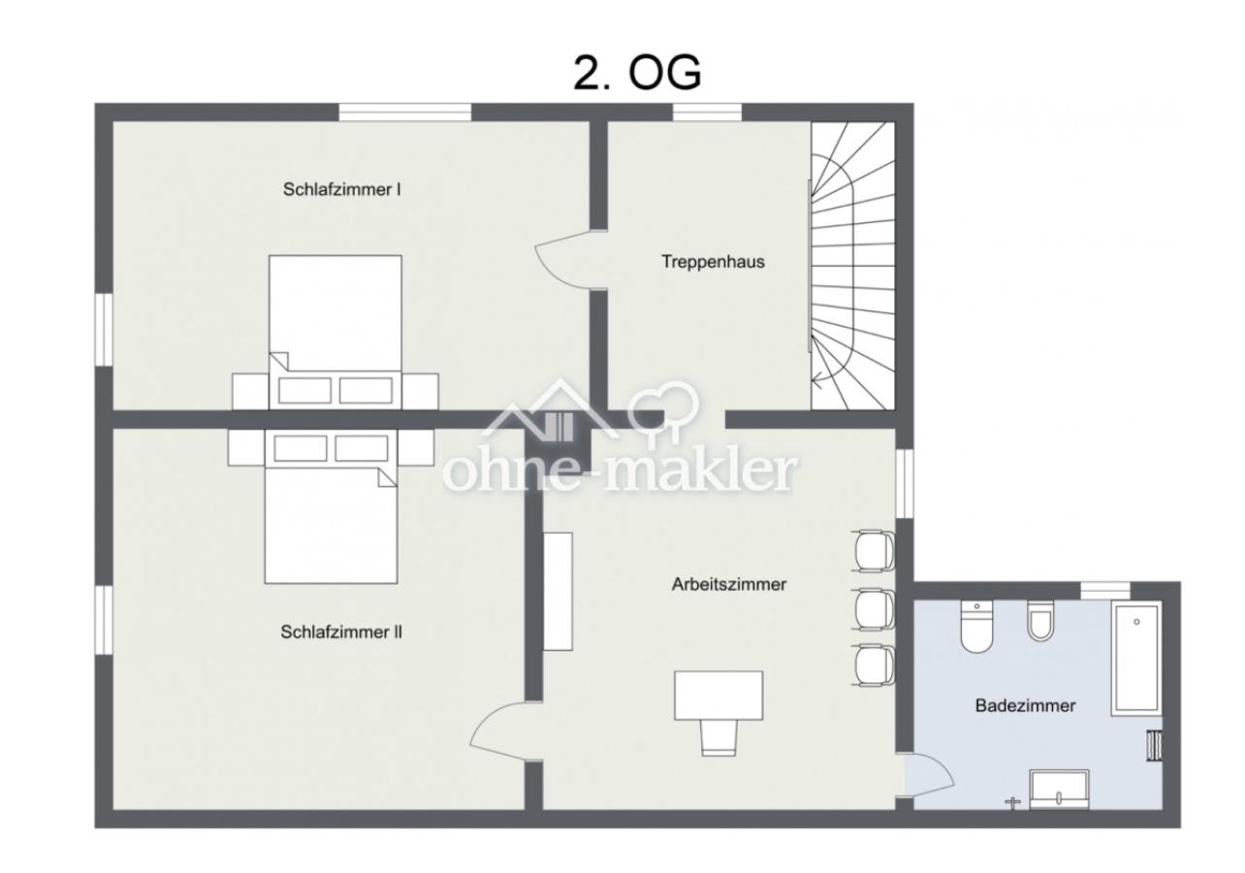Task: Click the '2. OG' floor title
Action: click(x=637, y=74)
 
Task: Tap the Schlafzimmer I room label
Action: click(x=342, y=189)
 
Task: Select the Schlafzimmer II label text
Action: click(x=341, y=632)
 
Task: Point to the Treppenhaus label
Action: click(x=713, y=261)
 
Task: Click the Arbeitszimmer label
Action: click(x=728, y=584)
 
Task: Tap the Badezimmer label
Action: click(x=1026, y=705)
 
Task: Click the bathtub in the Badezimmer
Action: click(x=1136, y=659)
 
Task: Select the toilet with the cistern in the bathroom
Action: click(x=976, y=627)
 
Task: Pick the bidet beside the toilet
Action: click(x=1040, y=621)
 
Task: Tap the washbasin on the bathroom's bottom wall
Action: click(x=1059, y=790)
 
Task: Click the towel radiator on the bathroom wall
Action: click(x=1155, y=745)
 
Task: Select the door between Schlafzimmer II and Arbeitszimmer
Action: click(x=504, y=731)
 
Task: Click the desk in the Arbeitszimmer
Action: click(x=718, y=695)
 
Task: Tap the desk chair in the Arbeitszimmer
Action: click(x=718, y=737)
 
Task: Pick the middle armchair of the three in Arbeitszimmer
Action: click(x=874, y=609)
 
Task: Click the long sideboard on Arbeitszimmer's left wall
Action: click(x=558, y=591)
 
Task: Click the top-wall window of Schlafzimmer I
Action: click(x=405, y=112)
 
